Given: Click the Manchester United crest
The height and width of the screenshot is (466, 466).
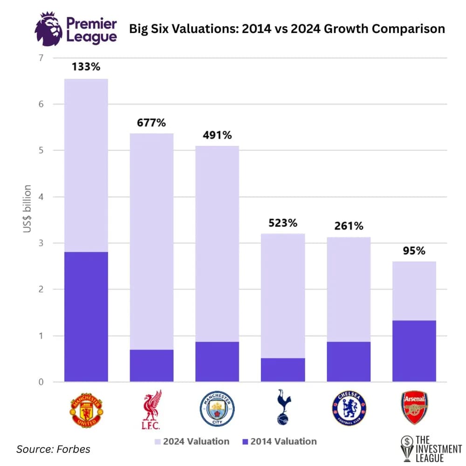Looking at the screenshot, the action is pyautogui.click(x=86, y=410).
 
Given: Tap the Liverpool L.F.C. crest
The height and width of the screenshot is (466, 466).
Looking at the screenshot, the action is pyautogui.click(x=151, y=410).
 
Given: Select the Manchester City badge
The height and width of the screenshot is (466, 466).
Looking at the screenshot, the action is pyautogui.click(x=217, y=409).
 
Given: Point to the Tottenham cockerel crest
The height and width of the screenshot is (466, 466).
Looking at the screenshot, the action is pyautogui.click(x=283, y=407).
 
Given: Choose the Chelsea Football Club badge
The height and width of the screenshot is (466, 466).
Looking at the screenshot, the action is pyautogui.click(x=349, y=408).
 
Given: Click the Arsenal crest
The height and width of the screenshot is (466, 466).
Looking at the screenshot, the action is pyautogui.click(x=414, y=407).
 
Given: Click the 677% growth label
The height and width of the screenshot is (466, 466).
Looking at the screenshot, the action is pyautogui.click(x=151, y=123).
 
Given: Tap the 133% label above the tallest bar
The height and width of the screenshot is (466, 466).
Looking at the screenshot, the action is pyautogui.click(x=86, y=67).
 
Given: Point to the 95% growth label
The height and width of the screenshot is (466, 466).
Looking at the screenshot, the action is pyautogui.click(x=414, y=251).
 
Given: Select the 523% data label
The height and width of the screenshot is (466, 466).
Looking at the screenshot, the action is pyautogui.click(x=283, y=223).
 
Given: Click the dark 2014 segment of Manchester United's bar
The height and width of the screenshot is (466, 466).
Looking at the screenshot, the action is pyautogui.click(x=86, y=317).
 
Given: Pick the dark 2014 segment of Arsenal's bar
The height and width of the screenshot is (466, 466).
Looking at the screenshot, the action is pyautogui.click(x=414, y=351).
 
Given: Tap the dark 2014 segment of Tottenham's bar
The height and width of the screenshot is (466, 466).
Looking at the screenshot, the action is pyautogui.click(x=283, y=370).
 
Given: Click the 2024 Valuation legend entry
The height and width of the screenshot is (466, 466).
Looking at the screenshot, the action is pyautogui.click(x=192, y=441).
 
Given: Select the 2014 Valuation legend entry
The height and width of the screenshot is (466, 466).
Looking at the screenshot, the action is pyautogui.click(x=280, y=441).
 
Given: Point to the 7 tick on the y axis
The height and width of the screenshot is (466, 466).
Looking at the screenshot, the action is pyautogui.click(x=41, y=58).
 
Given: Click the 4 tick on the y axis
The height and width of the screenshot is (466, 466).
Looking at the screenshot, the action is pyautogui.click(x=41, y=197).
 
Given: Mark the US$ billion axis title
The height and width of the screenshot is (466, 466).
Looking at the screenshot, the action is pyautogui.click(x=27, y=209).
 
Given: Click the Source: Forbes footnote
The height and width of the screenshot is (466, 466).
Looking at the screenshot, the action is pyautogui.click(x=53, y=449).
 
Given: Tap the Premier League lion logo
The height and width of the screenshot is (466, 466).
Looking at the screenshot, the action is pyautogui.click(x=48, y=29).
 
